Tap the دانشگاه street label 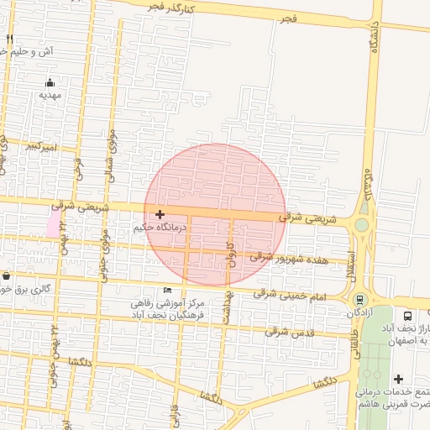pyautogui.click(x=375, y=35)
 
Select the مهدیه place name pyautogui.click(x=51, y=96)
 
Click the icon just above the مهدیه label pyautogui.click(x=50, y=82)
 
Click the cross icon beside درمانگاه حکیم pyautogui.click(x=160, y=214)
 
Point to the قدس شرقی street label pyautogui.click(x=284, y=330)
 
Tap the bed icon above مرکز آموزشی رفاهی pyautogui.click(x=167, y=290)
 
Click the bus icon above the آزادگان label pyautogui.click(x=359, y=299)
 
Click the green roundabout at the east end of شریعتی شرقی pyautogui.click(x=362, y=224)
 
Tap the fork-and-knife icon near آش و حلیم pyautogui.click(x=10, y=39)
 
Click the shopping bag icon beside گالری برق pyautogui.click(x=7, y=275)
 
